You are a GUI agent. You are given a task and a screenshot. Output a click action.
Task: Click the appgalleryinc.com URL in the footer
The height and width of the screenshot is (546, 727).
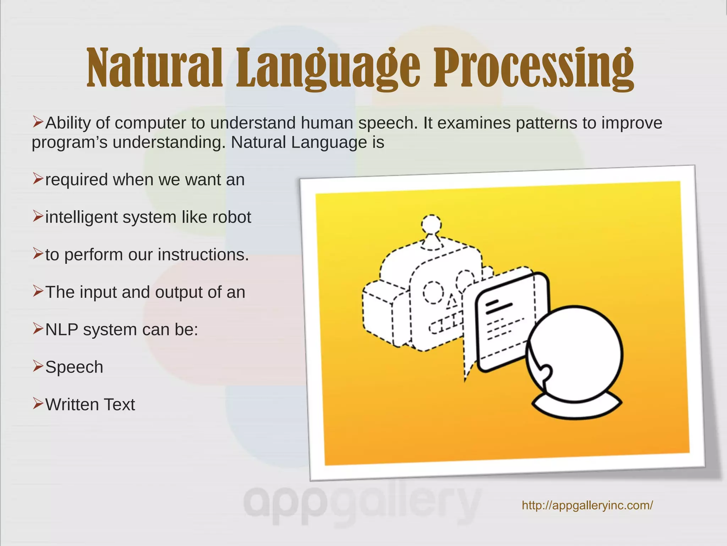pos(587,505)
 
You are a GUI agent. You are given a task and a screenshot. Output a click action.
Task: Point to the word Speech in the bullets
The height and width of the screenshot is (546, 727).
pos(74,367)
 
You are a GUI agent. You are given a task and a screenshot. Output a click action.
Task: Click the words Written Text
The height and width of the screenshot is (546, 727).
pos(90,405)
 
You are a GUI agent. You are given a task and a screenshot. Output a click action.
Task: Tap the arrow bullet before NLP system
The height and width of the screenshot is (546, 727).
pos(38,329)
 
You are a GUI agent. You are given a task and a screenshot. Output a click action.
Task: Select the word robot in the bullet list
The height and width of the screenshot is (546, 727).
pos(231,217)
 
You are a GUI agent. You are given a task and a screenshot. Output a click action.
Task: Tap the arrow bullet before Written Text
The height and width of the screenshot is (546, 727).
pos(38,404)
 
